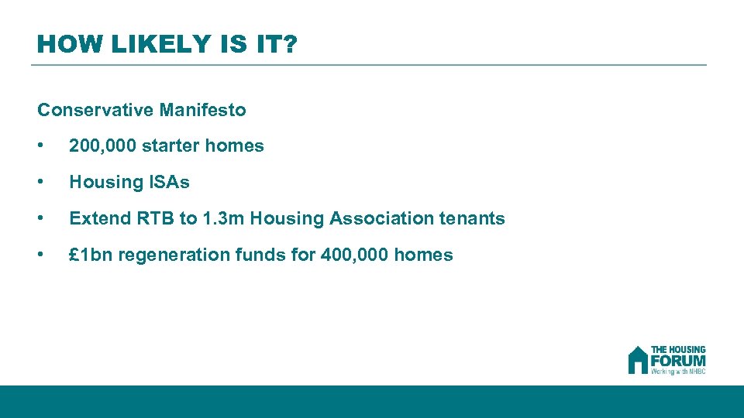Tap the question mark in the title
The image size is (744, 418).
coord(289,45)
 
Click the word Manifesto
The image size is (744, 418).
coord(203,110)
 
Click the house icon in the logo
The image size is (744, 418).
coord(638,359)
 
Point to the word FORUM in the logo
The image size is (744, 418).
coord(678,360)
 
